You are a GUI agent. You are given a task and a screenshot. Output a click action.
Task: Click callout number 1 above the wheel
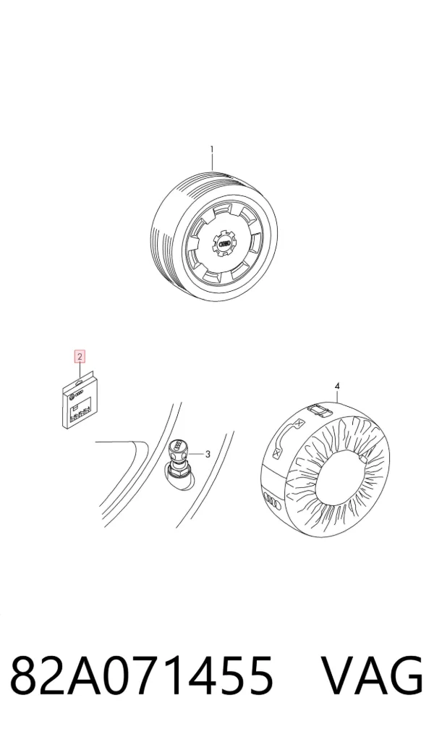click(212, 149)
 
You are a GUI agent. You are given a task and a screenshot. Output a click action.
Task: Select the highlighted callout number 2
click(80, 357)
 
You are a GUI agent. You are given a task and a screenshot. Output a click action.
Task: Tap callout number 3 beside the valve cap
click(207, 454)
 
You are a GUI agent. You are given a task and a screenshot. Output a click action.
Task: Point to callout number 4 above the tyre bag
click(337, 386)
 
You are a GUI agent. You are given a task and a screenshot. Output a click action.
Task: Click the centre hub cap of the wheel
click(224, 242)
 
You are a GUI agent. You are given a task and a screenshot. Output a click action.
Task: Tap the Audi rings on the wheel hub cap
click(224, 242)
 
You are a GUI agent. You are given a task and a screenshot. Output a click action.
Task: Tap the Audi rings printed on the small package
click(80, 392)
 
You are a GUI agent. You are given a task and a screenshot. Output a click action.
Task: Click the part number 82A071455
click(141, 675)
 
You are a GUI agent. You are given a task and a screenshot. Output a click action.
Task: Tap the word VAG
click(372, 675)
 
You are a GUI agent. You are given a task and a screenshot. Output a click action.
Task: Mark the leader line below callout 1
click(212, 163)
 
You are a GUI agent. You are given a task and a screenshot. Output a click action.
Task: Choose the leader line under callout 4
click(337, 395)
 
